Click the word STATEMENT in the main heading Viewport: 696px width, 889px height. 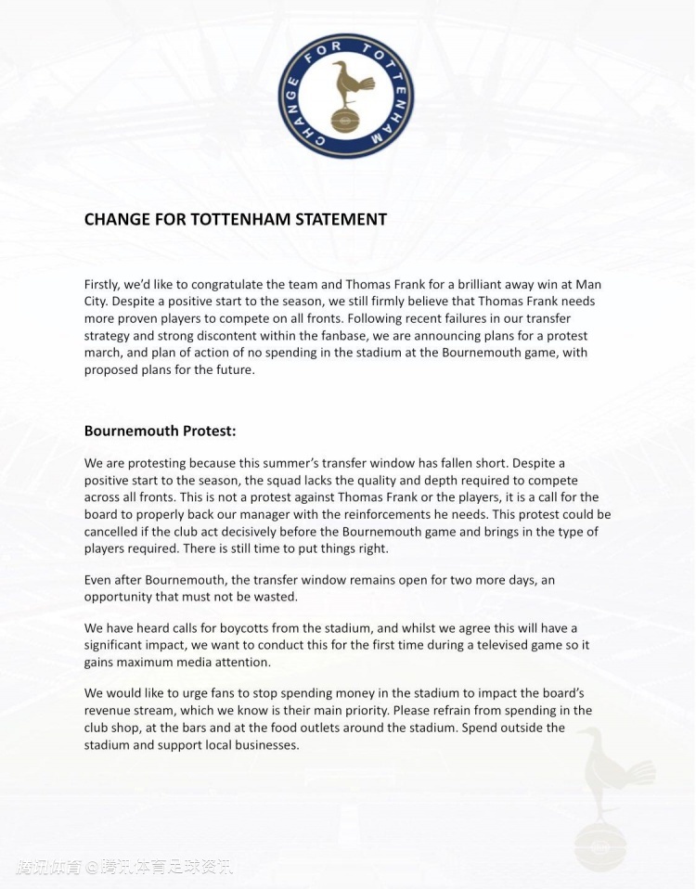(x=341, y=220)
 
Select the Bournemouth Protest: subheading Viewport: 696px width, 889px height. (x=160, y=432)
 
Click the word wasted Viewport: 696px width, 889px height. (x=274, y=597)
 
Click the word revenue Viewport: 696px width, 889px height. (x=110, y=711)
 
